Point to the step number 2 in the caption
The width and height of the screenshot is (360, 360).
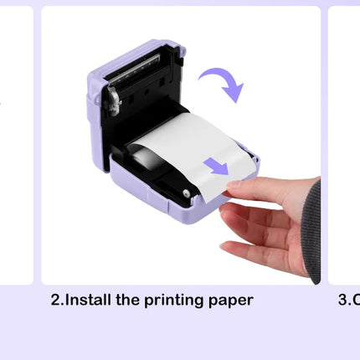coord(56,300)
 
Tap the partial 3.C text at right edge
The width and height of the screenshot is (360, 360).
coord(348,300)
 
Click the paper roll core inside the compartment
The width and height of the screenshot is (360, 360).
coord(137,156)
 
